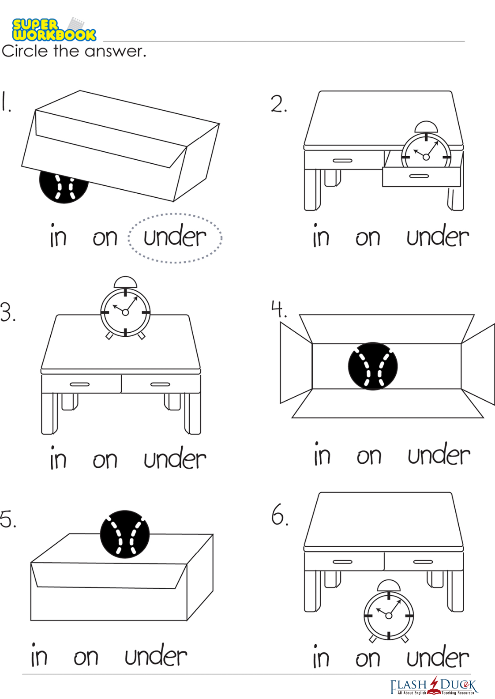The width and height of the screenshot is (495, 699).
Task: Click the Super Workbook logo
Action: (x=54, y=29)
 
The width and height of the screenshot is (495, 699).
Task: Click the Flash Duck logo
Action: (x=434, y=686)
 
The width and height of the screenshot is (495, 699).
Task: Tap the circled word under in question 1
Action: (x=175, y=237)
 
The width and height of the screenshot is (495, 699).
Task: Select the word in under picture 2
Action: (x=321, y=235)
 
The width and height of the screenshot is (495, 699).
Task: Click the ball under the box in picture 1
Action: (x=64, y=187)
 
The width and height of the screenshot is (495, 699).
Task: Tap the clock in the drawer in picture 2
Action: (x=426, y=149)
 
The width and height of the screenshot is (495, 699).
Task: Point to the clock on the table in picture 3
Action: (x=125, y=308)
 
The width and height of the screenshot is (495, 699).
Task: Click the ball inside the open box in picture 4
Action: (x=373, y=366)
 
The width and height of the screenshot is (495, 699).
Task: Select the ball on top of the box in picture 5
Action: (x=125, y=534)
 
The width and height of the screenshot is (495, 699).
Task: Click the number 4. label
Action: (x=279, y=309)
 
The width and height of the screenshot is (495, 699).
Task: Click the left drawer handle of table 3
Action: (x=79, y=384)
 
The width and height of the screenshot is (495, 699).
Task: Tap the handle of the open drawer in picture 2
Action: (x=419, y=176)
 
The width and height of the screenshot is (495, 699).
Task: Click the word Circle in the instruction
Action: (x=25, y=51)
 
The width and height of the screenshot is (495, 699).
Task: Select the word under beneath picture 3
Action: (x=175, y=459)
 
